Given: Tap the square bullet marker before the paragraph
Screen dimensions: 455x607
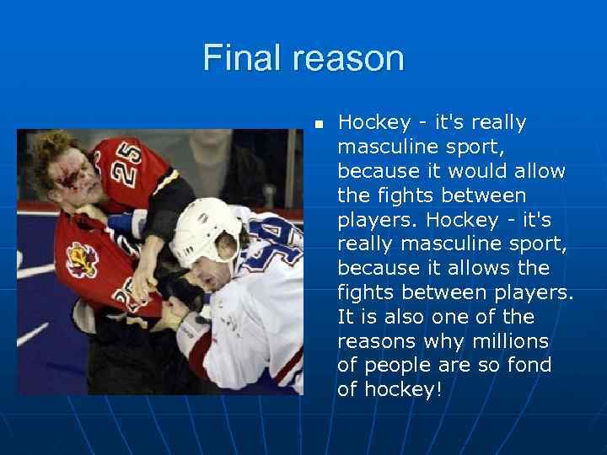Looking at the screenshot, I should (319, 124).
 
